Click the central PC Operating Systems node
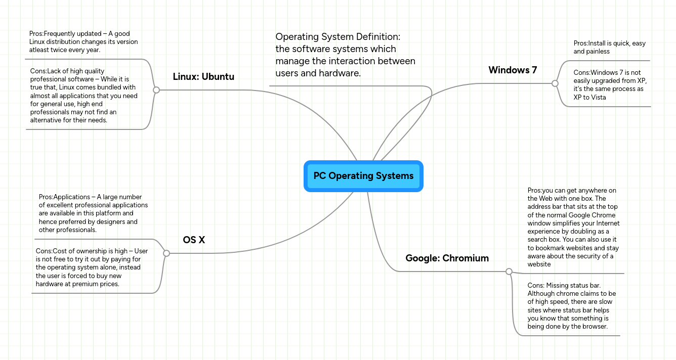pos(363,176)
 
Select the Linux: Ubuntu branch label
pos(203,77)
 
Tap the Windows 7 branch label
pos(513,70)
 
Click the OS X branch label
pos(194,240)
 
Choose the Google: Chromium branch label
pos(447,258)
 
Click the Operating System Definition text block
pos(345,55)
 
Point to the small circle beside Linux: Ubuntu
pos(156,90)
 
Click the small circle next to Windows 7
pos(555,83)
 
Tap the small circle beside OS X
pos(166,253)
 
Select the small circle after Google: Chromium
pos(509,272)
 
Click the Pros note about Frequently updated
pos(83,42)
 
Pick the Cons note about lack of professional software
pos(83,96)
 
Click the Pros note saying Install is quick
pos(609,48)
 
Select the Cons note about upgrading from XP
pos(610,85)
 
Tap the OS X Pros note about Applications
pos(93,213)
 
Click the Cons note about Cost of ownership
pos(92,267)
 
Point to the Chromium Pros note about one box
pos(573,227)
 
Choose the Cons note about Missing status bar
pos(571,306)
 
